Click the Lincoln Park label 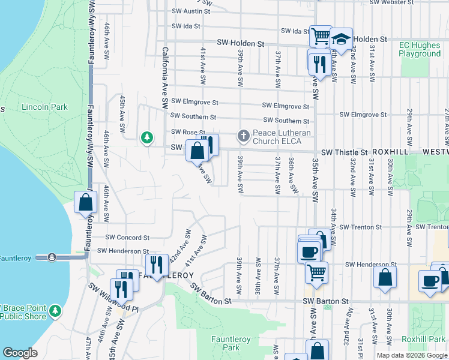click(x=45, y=107)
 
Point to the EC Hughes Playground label click(x=420, y=49)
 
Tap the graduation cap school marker click(x=341, y=40)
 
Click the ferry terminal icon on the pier click(x=52, y=257)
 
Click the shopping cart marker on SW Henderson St click(x=316, y=273)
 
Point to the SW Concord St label click(x=127, y=238)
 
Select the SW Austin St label click(x=190, y=11)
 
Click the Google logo click(x=20, y=353)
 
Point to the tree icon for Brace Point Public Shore click(x=55, y=310)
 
